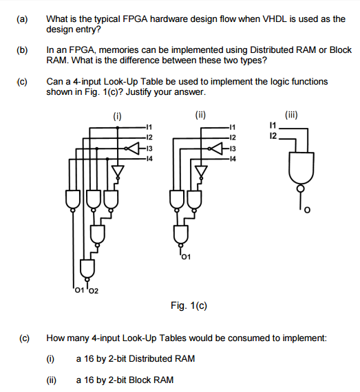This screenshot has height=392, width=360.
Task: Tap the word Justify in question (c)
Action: pos(138,92)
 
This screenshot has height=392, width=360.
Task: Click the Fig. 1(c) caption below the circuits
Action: pos(189,305)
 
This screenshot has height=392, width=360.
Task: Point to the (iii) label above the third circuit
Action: pos(291,115)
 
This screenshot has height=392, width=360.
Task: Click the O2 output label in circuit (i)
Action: pos(94,291)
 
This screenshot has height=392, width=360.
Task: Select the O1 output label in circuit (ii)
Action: pos(186,257)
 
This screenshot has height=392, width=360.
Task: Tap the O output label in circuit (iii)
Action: pos(307,210)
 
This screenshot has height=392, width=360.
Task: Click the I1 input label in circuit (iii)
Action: pos(273,125)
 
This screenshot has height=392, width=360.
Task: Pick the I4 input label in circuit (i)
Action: pos(149,158)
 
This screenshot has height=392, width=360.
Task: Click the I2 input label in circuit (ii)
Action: pos(233,138)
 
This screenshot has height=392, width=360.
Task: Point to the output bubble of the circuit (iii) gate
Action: pos(301,188)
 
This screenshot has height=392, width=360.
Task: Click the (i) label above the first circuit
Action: pos(117,116)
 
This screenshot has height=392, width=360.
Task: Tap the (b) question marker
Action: pos(22,50)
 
